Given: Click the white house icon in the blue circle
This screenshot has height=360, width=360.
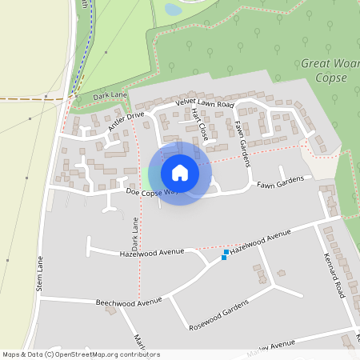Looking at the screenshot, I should coord(180,173).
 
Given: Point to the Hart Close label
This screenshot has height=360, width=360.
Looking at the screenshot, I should coord(200,126).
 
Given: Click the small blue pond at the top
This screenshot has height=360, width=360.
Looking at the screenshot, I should coord(173,10).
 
